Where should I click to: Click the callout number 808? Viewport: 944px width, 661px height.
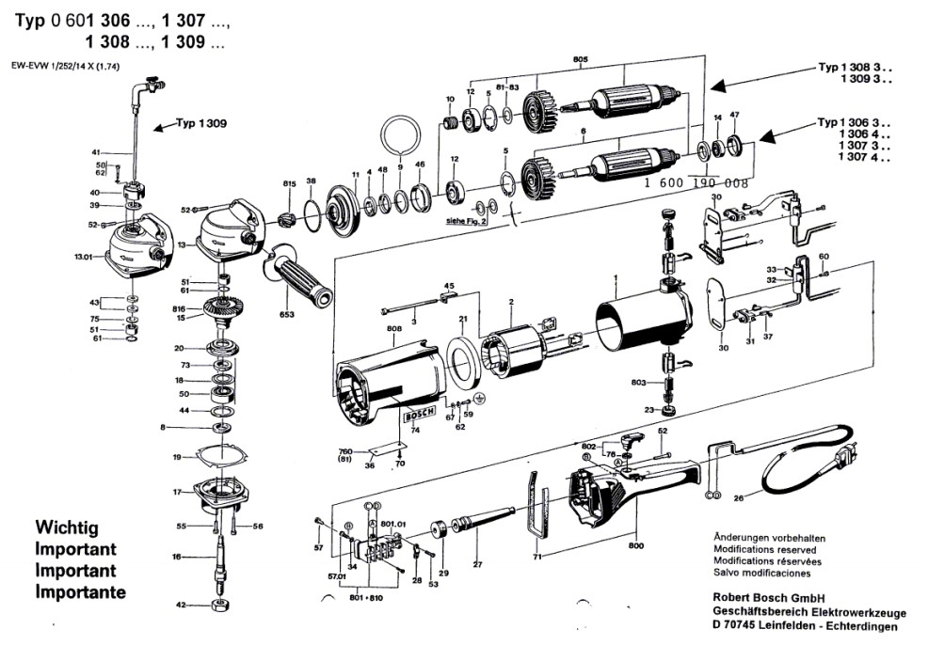coord(393,328)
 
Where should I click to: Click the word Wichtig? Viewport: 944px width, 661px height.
coord(66,528)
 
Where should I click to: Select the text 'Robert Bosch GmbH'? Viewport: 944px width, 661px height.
coord(769,597)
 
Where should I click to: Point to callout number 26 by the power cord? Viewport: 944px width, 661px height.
coord(739,498)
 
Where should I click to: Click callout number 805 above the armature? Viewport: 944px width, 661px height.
coord(580,60)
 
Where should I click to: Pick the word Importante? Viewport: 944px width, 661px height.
coord(80,592)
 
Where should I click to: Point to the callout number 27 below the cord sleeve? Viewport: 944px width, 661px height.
coord(477,564)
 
